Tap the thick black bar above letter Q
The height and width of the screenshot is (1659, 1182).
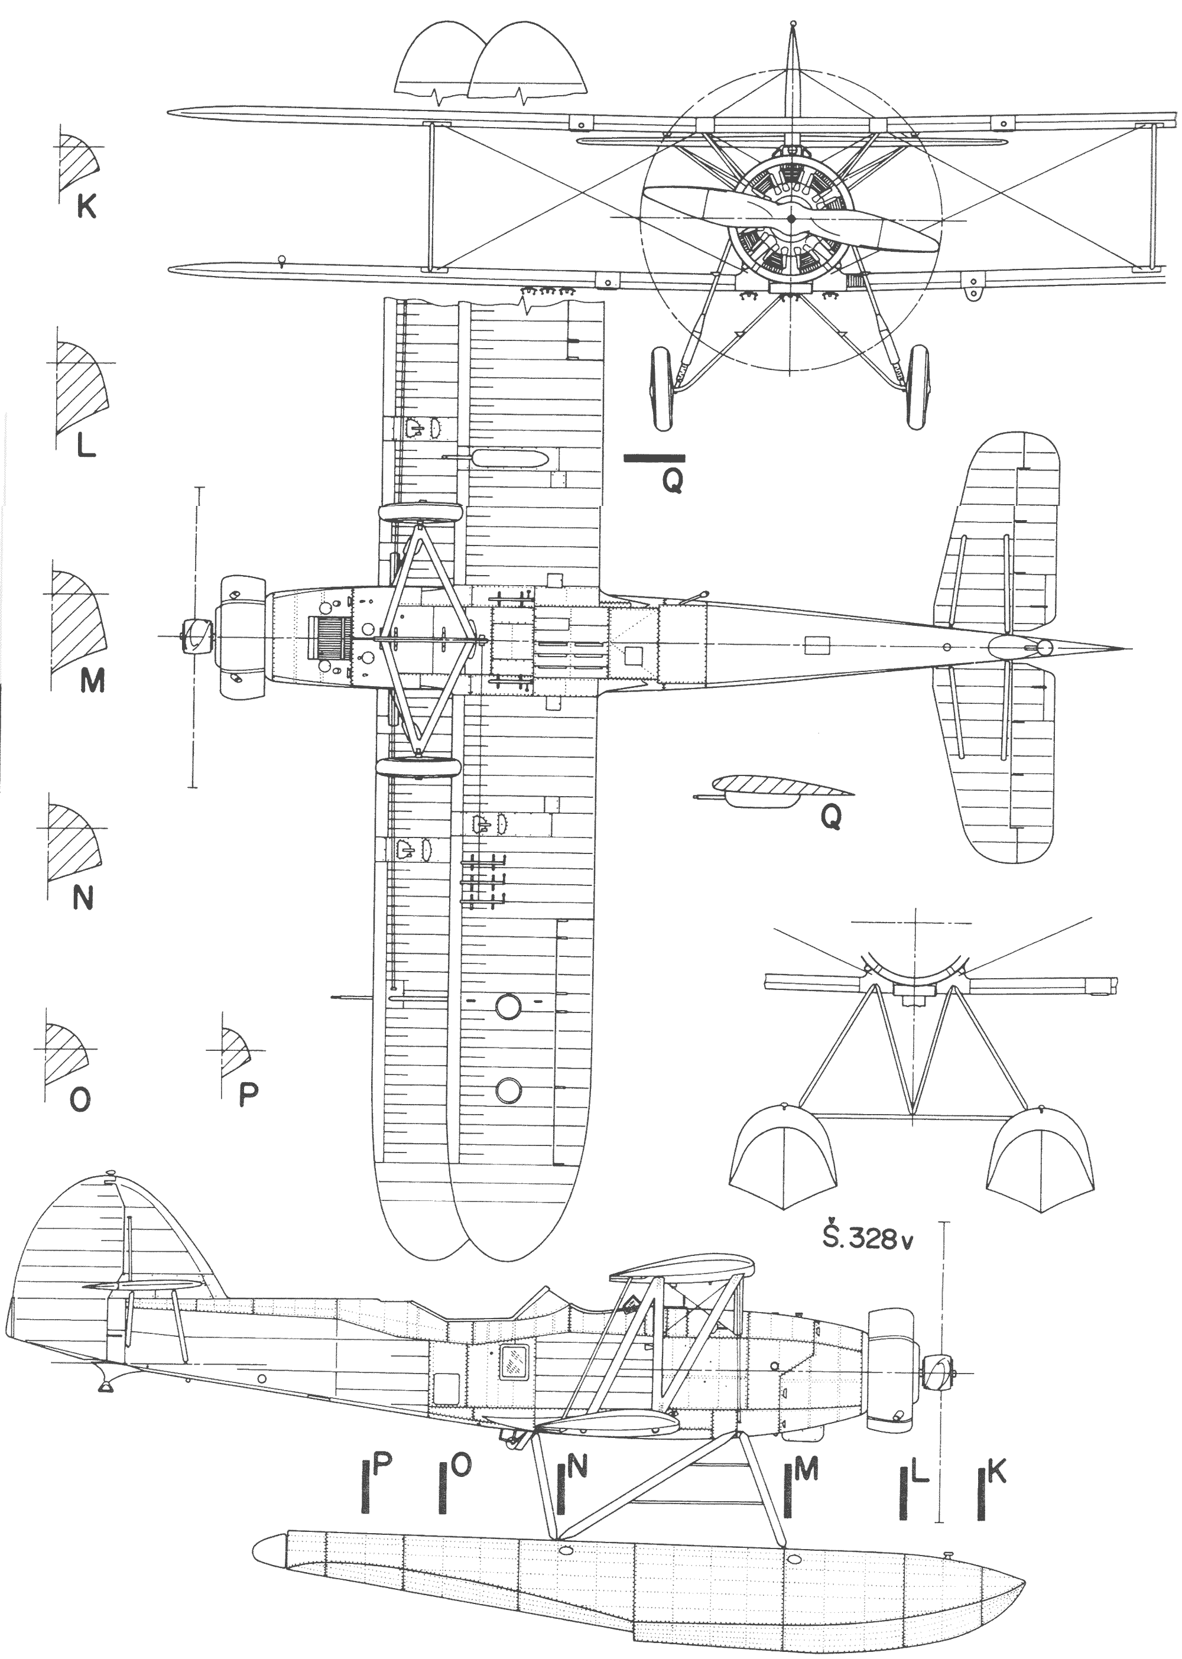point(654,458)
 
